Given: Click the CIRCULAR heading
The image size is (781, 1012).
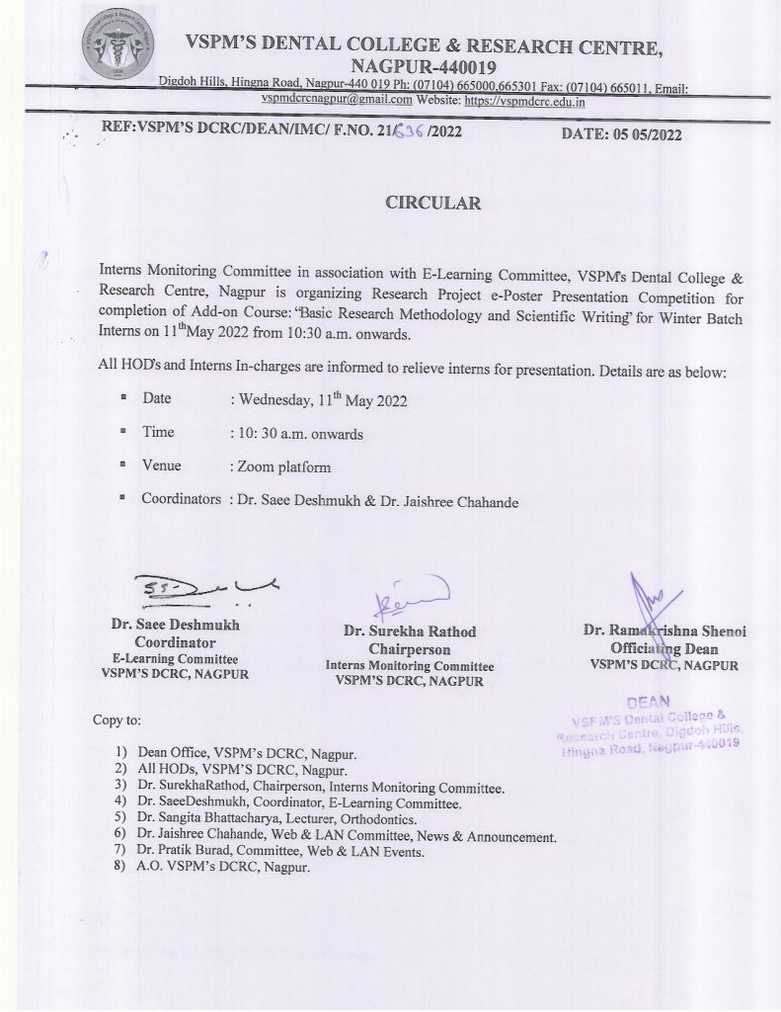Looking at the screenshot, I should click(432, 204).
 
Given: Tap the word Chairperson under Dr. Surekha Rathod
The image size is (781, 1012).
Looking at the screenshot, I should click(409, 649).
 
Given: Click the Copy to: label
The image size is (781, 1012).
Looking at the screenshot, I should click(117, 719).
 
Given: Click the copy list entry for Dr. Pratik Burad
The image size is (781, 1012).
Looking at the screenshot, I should click(281, 852).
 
